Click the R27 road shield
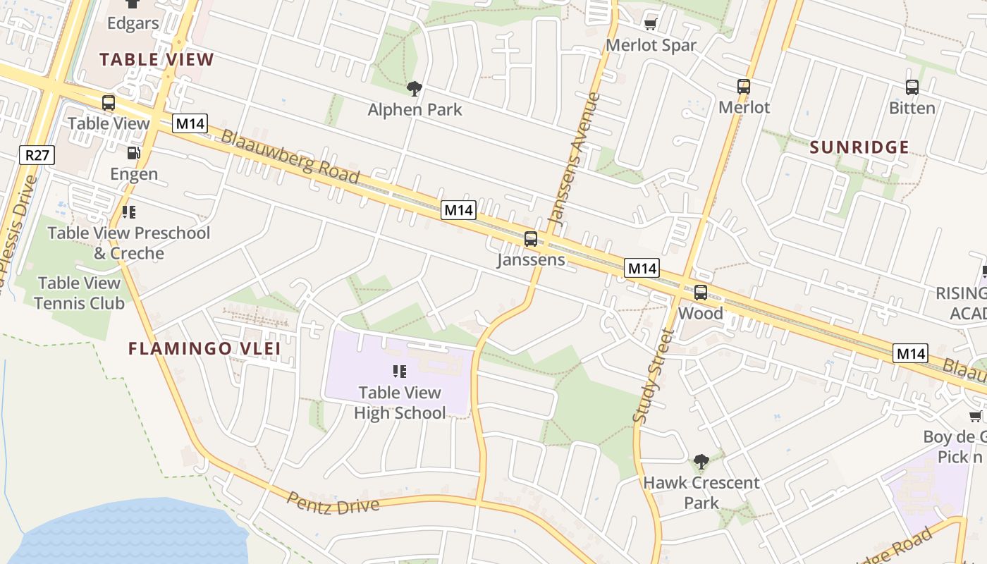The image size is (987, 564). click(x=37, y=155)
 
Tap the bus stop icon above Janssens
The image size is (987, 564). click(x=531, y=239)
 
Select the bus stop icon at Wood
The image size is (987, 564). click(x=701, y=292)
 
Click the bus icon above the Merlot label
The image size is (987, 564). click(x=744, y=87)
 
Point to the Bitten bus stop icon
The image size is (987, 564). click(x=912, y=87)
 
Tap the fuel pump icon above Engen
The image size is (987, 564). click(x=133, y=152)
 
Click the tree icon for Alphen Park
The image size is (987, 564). click(x=415, y=88)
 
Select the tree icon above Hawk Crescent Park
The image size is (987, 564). click(x=701, y=462)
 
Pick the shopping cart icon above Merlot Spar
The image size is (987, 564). click(x=651, y=25)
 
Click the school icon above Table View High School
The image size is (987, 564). click(x=400, y=371)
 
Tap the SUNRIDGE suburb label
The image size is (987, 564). click(x=859, y=147)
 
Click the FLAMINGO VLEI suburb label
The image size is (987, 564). click(x=204, y=348)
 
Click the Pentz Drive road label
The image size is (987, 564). click(x=333, y=502)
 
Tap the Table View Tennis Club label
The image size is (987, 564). click(x=79, y=293)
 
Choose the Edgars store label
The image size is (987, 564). click(x=133, y=23)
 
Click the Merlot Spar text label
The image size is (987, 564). click(x=651, y=45)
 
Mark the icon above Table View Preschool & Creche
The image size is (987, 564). click(x=128, y=211)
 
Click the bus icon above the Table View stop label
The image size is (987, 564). click(x=109, y=103)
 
